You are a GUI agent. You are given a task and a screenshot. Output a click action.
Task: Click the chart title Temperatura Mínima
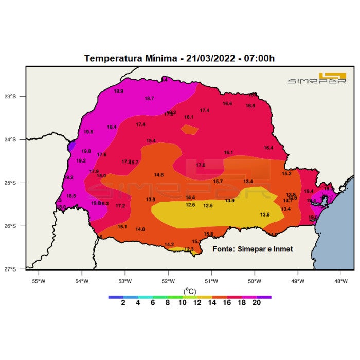[x=179, y=58]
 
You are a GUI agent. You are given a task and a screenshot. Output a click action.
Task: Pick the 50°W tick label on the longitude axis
[x=255, y=281]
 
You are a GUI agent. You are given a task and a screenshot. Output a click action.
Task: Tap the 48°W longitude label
[x=341, y=281]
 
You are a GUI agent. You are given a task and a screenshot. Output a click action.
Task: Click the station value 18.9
[x=118, y=91]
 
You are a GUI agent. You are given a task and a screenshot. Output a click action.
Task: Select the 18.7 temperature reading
[x=149, y=98]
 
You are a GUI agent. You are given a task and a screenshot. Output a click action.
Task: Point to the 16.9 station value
[x=250, y=106]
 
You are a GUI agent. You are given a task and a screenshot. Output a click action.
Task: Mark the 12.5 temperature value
[x=208, y=206]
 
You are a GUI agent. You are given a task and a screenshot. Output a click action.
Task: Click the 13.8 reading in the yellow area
[x=265, y=214]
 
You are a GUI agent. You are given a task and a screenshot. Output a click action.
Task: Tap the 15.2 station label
[x=286, y=173]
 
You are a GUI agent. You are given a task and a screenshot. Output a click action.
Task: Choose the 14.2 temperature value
[x=169, y=244]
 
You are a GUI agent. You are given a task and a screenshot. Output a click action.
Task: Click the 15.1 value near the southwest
[x=122, y=227]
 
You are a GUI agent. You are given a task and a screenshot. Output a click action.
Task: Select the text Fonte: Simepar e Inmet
[x=253, y=249]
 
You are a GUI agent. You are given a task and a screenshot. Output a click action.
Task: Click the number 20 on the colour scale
[x=256, y=303]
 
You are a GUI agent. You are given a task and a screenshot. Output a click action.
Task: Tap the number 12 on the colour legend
[x=197, y=303]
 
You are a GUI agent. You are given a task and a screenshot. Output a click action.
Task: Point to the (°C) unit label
[x=189, y=291]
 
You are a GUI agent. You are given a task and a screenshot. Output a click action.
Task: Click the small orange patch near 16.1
[x=190, y=129]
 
